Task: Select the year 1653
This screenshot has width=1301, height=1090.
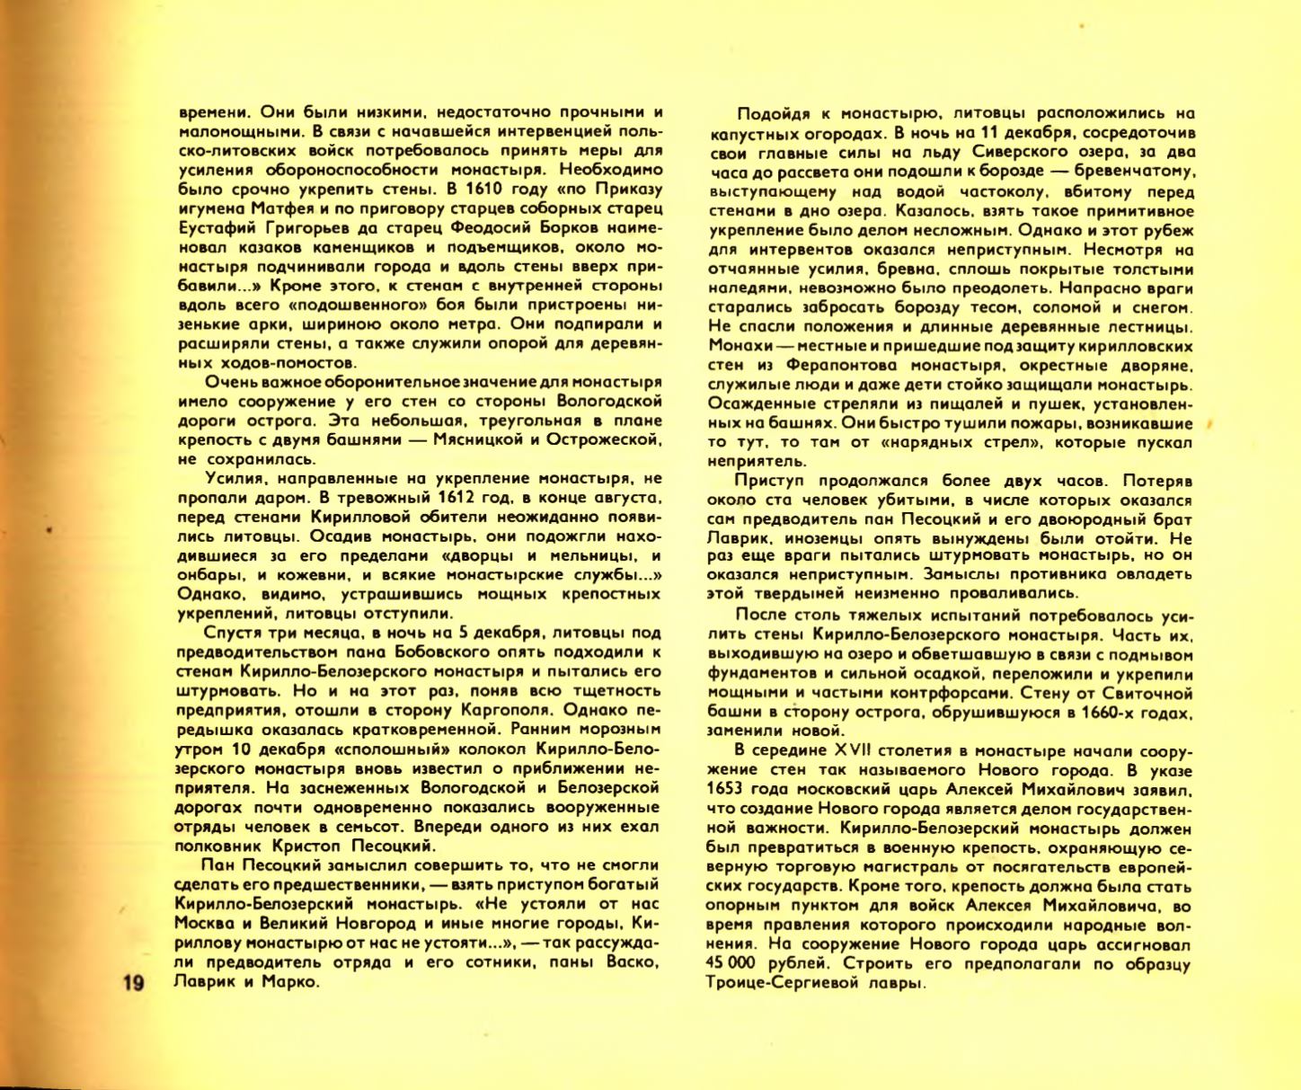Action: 726,790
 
